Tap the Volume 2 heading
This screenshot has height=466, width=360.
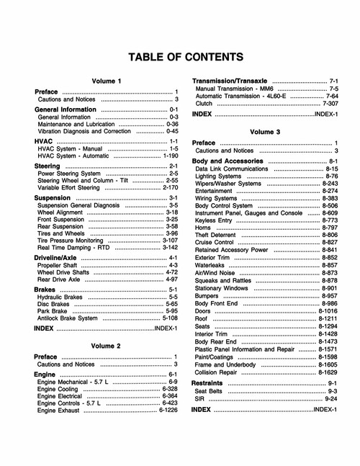click(107, 346)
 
